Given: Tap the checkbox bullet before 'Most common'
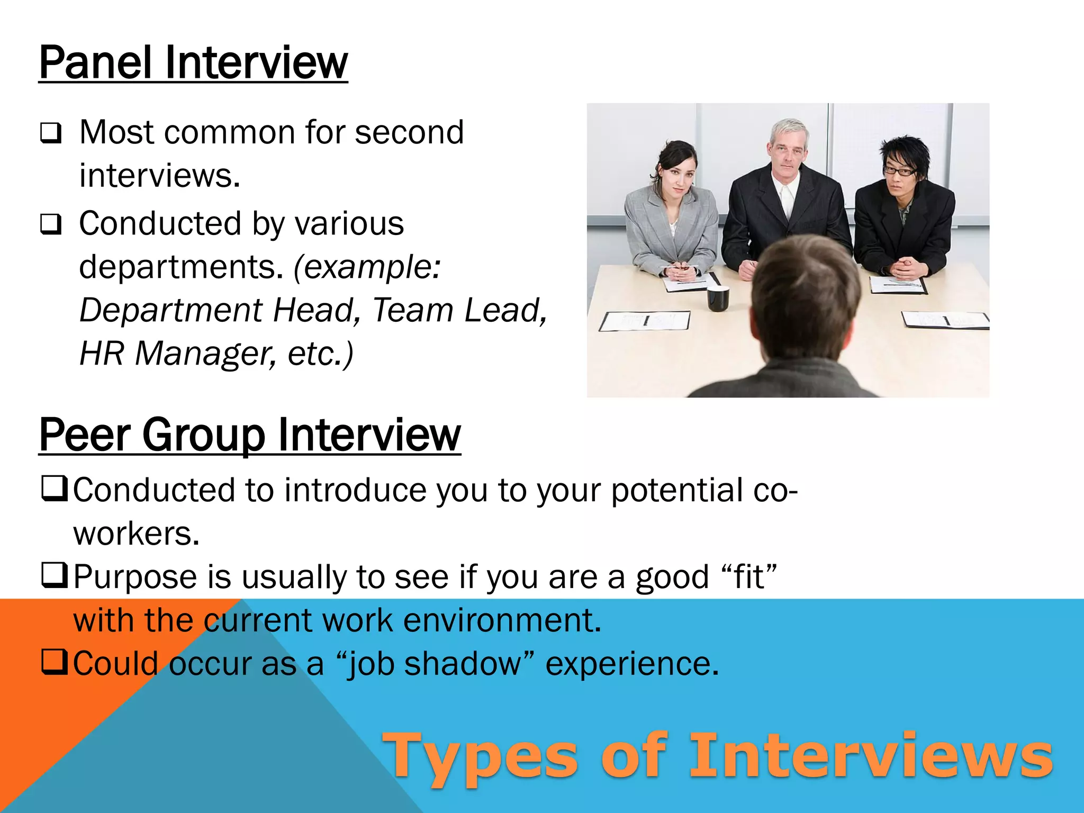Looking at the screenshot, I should click(51, 133).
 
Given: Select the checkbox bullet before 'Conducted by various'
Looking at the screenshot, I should click(51, 224).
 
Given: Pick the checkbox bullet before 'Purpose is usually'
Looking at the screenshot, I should click(55, 575).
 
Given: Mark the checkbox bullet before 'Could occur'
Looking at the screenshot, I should click(55, 662).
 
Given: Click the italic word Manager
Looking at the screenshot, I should click(205, 354).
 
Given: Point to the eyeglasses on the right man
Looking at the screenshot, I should click(899, 171).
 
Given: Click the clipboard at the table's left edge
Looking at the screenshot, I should click(645, 320).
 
